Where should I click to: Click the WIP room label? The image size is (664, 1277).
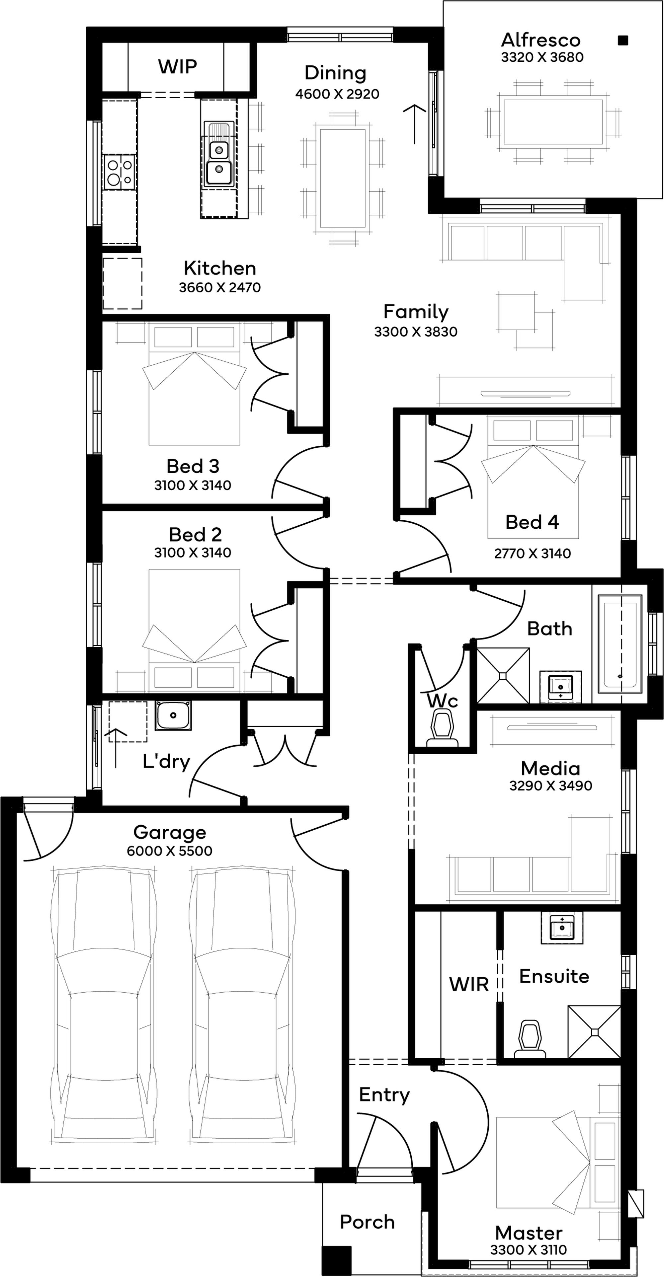[x=178, y=66]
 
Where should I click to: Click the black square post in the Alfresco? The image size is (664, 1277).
[x=623, y=40]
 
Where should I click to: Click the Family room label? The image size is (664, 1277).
[x=416, y=311]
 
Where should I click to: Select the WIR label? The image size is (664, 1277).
[x=469, y=984]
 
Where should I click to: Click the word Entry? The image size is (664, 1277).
[x=384, y=1095]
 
